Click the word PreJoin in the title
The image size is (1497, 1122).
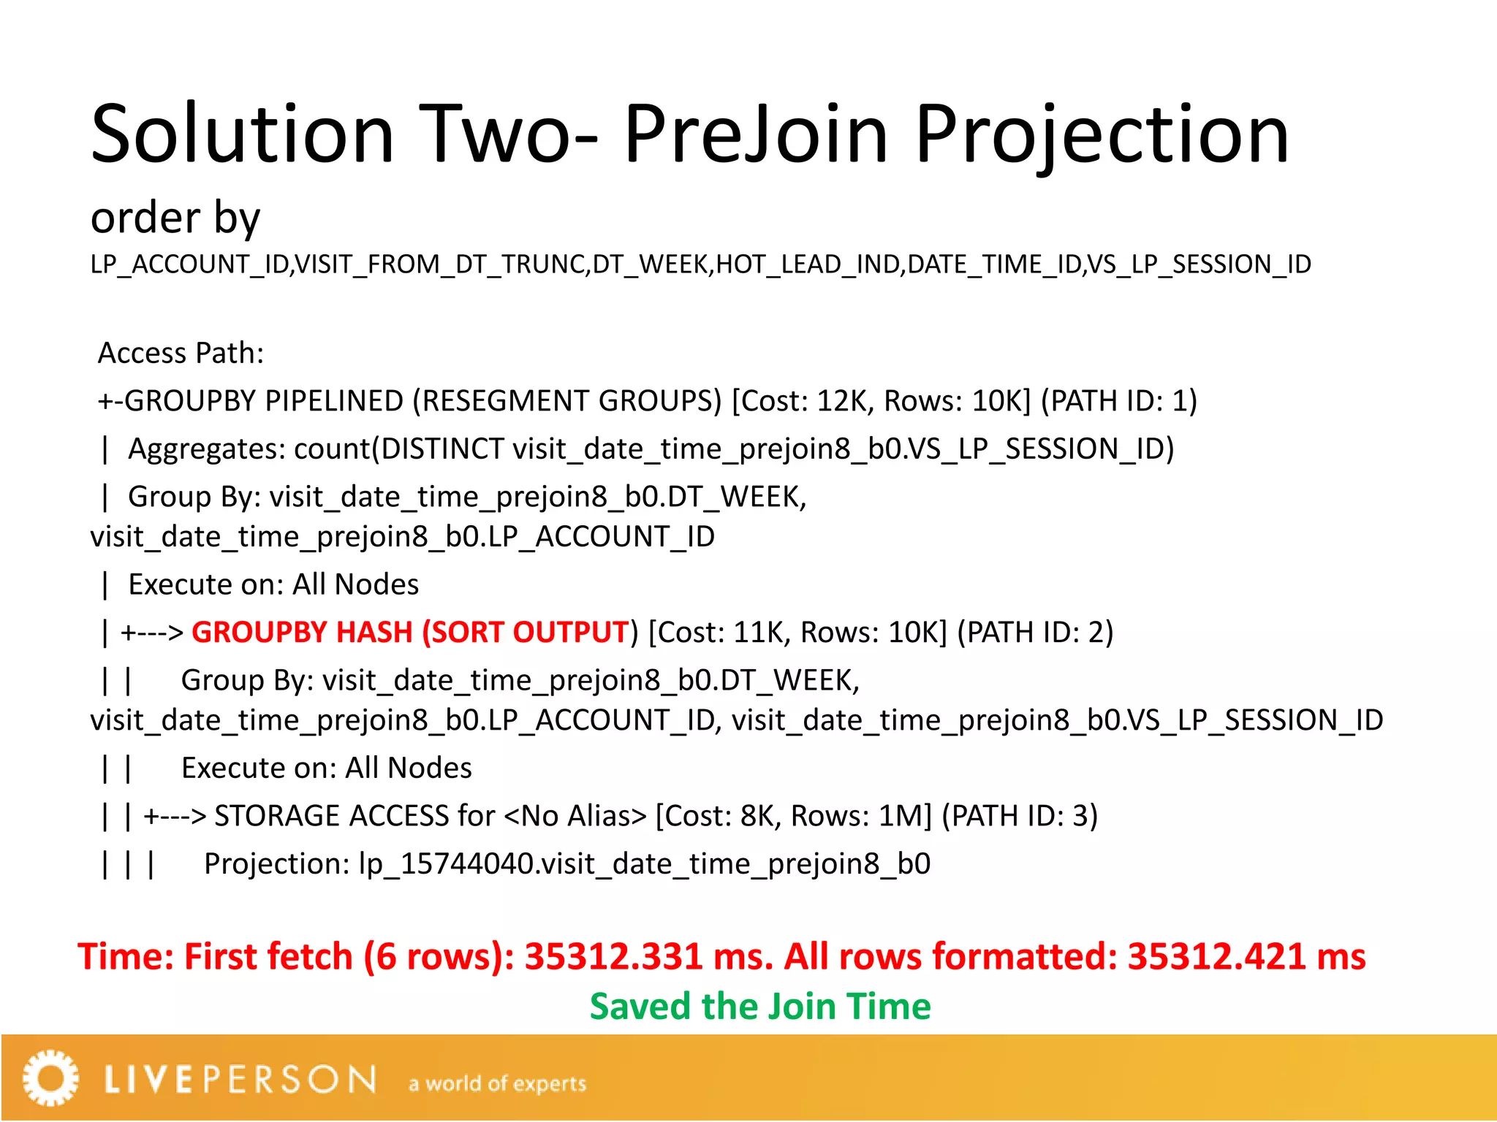pos(756,134)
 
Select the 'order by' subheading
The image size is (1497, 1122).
pos(175,218)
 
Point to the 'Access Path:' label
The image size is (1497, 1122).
pos(181,353)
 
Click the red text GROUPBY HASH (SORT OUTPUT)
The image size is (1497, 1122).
pos(410,633)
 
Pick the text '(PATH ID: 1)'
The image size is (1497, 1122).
pos(1118,401)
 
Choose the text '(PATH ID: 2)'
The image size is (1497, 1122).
pos(1035,633)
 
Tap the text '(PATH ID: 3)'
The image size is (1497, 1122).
pos(1020,816)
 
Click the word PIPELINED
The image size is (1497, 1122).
pos(334,401)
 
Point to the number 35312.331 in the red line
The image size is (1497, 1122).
pos(613,956)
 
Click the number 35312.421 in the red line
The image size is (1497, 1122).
pos(1216,956)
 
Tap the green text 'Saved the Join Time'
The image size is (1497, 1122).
pos(760,1007)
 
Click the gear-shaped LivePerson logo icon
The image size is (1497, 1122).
pos(50,1078)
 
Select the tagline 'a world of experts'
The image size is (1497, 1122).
pos(497,1083)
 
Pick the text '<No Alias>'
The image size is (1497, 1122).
pos(575,816)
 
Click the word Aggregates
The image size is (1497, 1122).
pos(206,449)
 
